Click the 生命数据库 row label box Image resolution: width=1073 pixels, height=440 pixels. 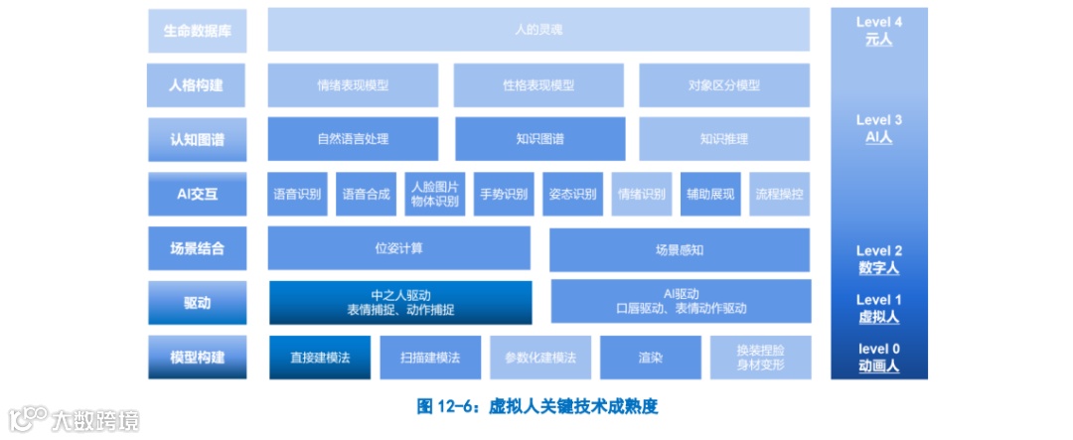coord(197,30)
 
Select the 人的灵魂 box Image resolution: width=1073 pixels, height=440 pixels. coord(538,30)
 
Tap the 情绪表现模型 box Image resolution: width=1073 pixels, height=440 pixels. coord(353,85)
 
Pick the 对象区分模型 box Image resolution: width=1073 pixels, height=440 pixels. coord(724,85)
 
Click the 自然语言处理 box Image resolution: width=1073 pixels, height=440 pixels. coord(353,139)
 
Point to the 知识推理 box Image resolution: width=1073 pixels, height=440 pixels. coord(724,139)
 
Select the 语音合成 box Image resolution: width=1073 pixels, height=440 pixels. coord(365,194)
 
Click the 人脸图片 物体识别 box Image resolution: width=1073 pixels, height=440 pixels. coord(435,194)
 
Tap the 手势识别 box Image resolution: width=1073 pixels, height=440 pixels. coord(504,194)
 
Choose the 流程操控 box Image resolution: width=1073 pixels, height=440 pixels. coord(779,194)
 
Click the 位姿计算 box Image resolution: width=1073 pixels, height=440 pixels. coord(398,248)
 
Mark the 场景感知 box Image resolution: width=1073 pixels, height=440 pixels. coord(680,249)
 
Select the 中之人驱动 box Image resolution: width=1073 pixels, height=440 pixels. coord(400,302)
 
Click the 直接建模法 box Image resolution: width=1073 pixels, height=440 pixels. coord(319,357)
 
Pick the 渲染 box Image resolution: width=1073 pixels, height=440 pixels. coord(652,357)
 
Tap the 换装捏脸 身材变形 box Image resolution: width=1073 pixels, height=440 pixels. coord(760,357)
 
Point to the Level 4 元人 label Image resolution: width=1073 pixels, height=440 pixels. coord(878,31)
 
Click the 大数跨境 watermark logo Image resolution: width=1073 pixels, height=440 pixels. coord(74,419)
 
